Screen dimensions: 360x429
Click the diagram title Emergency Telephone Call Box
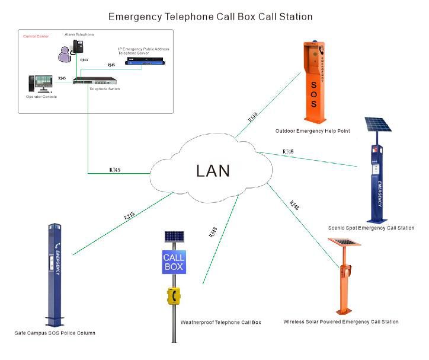pos(210,17)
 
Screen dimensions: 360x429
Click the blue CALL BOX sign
pos(174,262)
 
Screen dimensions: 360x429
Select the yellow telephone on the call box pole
pos(174,295)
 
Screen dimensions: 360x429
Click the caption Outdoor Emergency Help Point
pos(312,130)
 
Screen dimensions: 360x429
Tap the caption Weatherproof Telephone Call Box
pos(220,323)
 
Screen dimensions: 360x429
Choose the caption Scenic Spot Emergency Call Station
pos(371,228)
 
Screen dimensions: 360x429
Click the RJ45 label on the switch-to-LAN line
pos(115,170)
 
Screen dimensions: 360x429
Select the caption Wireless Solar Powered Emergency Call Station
pos(341,321)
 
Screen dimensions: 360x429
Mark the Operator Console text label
pos(41,97)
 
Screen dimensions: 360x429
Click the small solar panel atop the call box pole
pos(174,236)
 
